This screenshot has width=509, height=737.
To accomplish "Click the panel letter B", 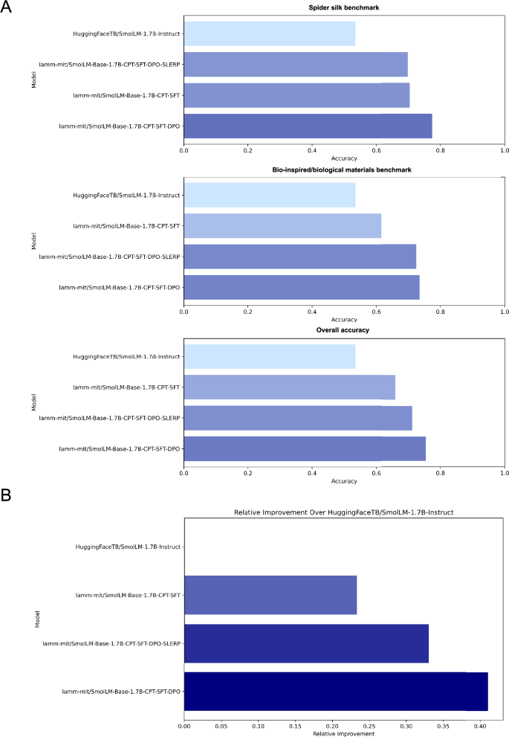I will [7, 495].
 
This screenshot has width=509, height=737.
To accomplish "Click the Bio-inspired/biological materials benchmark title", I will [344, 170].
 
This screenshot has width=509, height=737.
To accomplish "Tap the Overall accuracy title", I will [344, 329].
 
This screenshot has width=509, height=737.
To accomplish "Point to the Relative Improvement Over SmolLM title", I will [344, 512].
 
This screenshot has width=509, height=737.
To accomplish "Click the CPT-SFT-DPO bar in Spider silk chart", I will [308, 126].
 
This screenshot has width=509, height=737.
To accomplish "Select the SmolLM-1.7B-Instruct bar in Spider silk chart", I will [269, 33].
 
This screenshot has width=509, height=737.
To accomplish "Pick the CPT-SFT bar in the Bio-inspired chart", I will [282, 225].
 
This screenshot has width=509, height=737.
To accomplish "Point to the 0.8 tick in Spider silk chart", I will [441, 150].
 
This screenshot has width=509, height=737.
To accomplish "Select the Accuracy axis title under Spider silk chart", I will [344, 158].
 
